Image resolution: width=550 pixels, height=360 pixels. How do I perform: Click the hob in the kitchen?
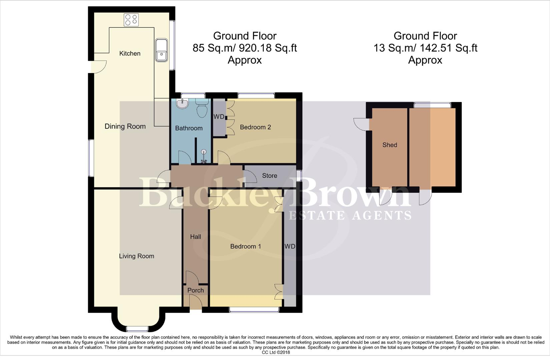point(131,20)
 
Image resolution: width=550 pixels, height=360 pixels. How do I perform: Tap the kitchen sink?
point(161,50)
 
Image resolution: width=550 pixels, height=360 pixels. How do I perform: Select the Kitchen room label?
point(130,53)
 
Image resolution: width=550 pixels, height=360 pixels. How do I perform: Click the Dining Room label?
point(125,126)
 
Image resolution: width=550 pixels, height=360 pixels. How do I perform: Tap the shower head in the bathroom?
point(204,153)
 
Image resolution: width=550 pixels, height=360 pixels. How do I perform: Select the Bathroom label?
point(189,128)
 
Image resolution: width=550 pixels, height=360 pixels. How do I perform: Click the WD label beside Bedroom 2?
point(219,117)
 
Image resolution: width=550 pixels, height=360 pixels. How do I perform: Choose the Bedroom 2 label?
point(255,127)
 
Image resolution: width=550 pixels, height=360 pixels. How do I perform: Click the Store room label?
point(269,176)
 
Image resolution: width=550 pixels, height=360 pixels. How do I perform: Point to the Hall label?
point(195,237)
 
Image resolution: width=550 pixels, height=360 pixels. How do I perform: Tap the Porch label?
point(195,290)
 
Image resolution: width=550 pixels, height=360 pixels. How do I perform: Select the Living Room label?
point(136,256)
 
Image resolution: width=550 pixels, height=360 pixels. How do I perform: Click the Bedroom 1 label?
point(245,246)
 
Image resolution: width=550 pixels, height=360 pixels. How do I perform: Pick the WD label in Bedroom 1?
point(290,246)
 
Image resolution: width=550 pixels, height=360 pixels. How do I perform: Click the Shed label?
point(390,145)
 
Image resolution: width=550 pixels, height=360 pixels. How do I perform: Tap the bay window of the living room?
point(137,329)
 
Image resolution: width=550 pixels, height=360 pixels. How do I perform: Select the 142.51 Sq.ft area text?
point(447,48)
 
